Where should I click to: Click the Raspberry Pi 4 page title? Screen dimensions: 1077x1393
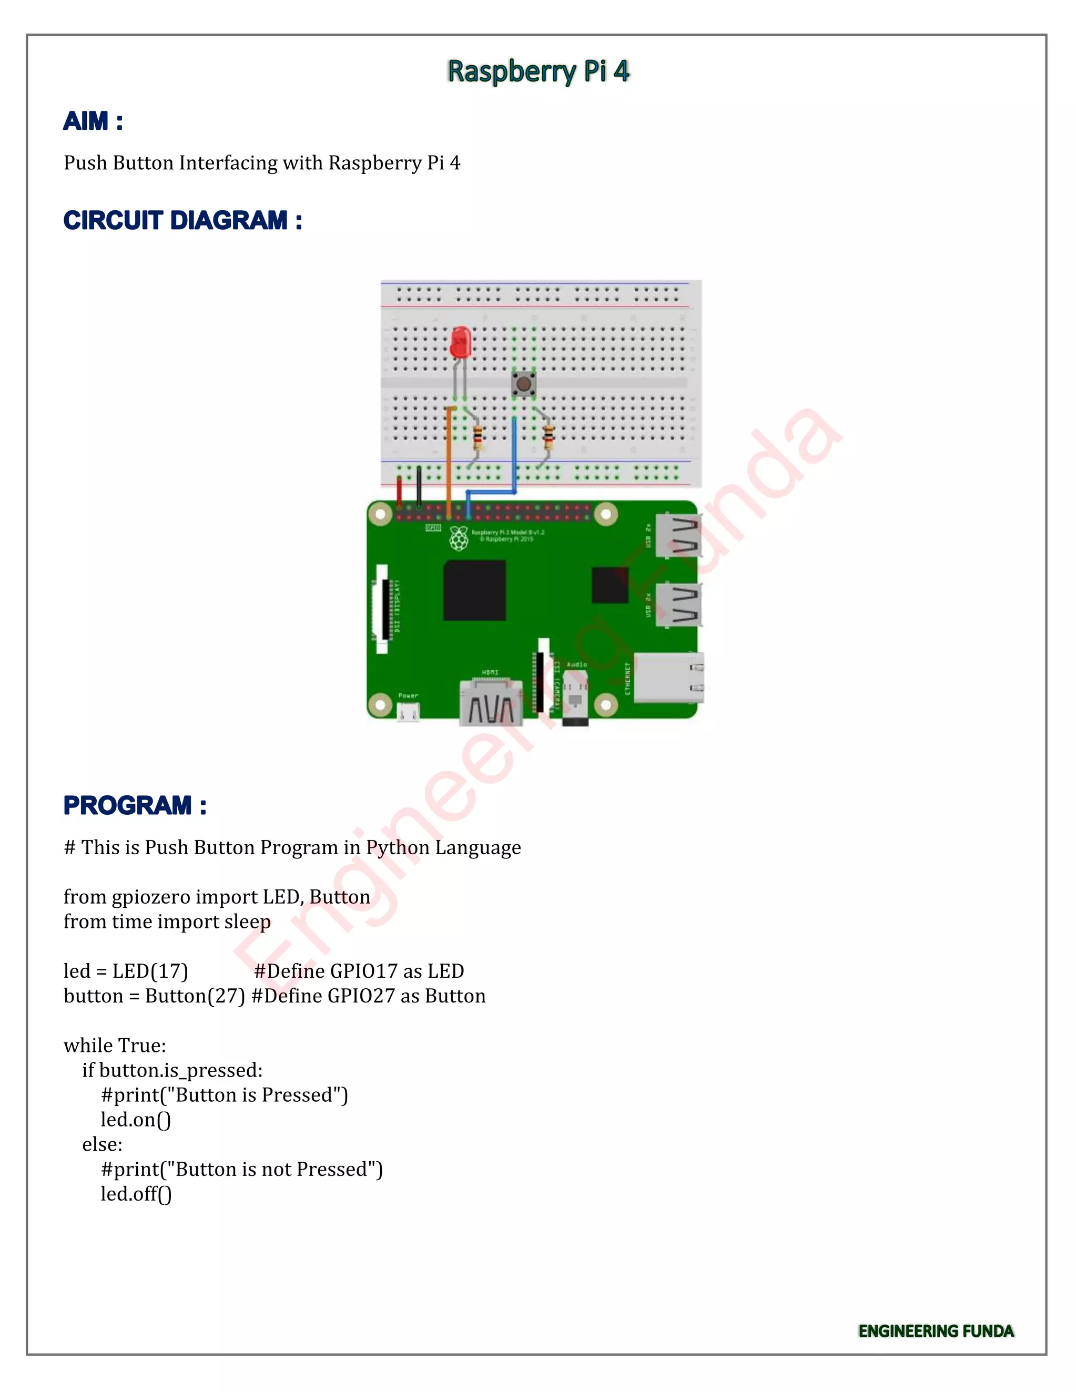pos(538,71)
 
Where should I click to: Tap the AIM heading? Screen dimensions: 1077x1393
pos(93,121)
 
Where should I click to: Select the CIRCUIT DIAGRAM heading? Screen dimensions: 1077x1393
pos(182,221)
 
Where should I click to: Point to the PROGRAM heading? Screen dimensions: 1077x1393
pos(135,805)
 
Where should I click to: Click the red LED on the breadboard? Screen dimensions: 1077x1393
pos(460,343)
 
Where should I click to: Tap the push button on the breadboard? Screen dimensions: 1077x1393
pos(524,383)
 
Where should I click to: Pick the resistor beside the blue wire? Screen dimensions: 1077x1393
pos(547,437)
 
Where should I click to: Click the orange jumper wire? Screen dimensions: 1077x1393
pos(449,459)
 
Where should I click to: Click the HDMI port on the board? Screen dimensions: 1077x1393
pos(491,703)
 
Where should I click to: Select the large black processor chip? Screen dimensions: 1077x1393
pos(475,590)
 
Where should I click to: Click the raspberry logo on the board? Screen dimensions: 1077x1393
pos(458,539)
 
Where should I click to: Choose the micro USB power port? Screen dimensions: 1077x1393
pos(408,712)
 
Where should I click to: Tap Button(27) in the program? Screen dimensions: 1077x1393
pos(195,996)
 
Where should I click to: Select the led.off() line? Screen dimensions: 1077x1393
pos(136,1193)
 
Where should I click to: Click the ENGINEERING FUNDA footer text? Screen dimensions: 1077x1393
pos(936,1331)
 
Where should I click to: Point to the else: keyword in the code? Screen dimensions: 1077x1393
pos(102,1144)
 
